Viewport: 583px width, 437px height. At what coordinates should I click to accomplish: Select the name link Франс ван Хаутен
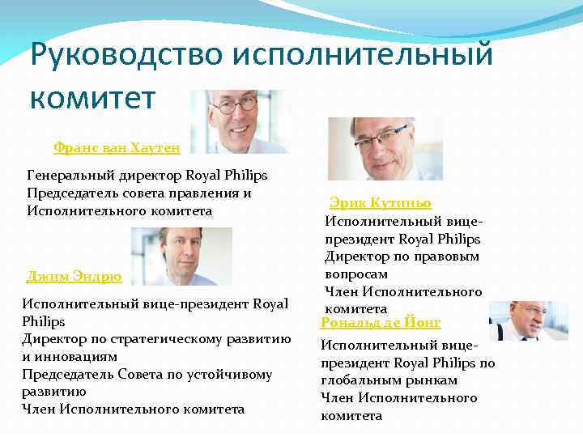tap(116, 147)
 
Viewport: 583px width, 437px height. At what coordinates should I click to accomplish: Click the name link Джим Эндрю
tap(74, 277)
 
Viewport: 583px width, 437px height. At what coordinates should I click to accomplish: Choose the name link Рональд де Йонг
tap(381, 322)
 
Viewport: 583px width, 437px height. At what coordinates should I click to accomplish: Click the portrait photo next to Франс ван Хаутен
tap(239, 121)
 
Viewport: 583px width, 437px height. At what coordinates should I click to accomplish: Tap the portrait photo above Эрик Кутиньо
tap(385, 148)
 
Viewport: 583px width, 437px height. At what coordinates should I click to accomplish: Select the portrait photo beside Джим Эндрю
tap(181, 256)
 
